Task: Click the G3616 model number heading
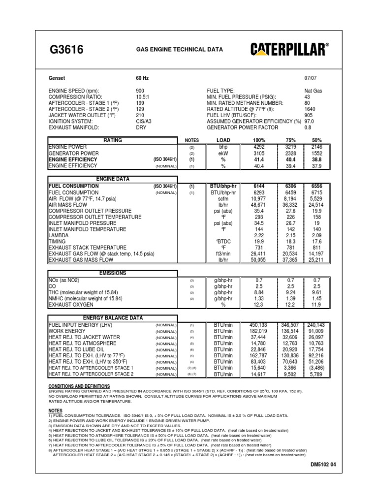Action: (x=67, y=49)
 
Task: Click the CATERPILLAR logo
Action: (x=290, y=49)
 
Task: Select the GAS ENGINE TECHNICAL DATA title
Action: (x=179, y=50)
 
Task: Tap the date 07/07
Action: (x=311, y=78)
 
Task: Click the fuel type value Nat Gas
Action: (x=314, y=91)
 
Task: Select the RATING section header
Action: (x=112, y=140)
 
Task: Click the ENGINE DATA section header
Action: (x=112, y=179)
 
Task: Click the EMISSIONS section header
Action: (x=112, y=273)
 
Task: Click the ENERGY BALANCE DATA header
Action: (x=112, y=318)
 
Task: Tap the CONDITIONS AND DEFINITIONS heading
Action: (x=79, y=386)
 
